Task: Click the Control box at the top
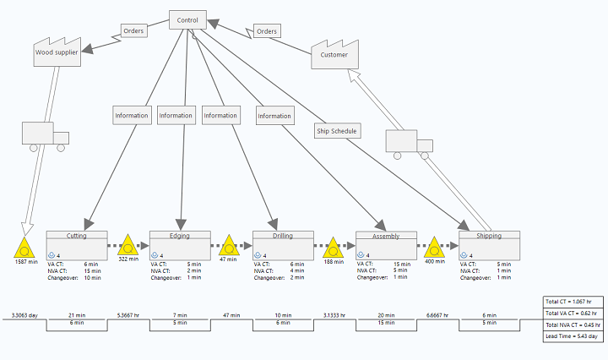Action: pyautogui.click(x=187, y=19)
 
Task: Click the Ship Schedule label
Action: pyautogui.click(x=337, y=131)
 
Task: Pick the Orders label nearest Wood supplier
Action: pyautogui.click(x=133, y=31)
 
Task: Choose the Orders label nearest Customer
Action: pyautogui.click(x=267, y=31)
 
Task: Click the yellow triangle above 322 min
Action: pyautogui.click(x=128, y=247)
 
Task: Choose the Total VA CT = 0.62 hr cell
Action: pyautogui.click(x=572, y=314)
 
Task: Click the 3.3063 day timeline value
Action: pyautogui.click(x=24, y=314)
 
